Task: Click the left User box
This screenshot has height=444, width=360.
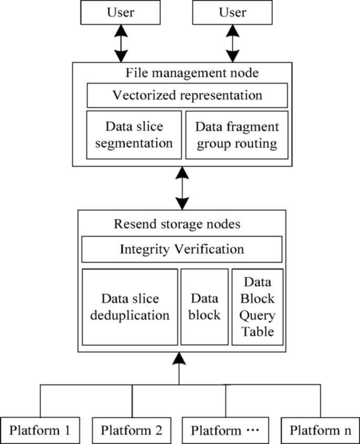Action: [121, 12]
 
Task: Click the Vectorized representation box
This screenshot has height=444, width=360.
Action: [187, 96]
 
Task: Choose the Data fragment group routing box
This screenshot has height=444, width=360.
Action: [237, 135]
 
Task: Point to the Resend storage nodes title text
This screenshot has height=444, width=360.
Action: [177, 224]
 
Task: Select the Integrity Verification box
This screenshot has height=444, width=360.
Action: [182, 248]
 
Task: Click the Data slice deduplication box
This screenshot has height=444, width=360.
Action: [130, 307]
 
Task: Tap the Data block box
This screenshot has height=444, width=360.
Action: [204, 307]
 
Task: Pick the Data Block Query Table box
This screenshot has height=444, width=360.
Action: [257, 307]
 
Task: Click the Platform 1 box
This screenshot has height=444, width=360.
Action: [40, 430]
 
